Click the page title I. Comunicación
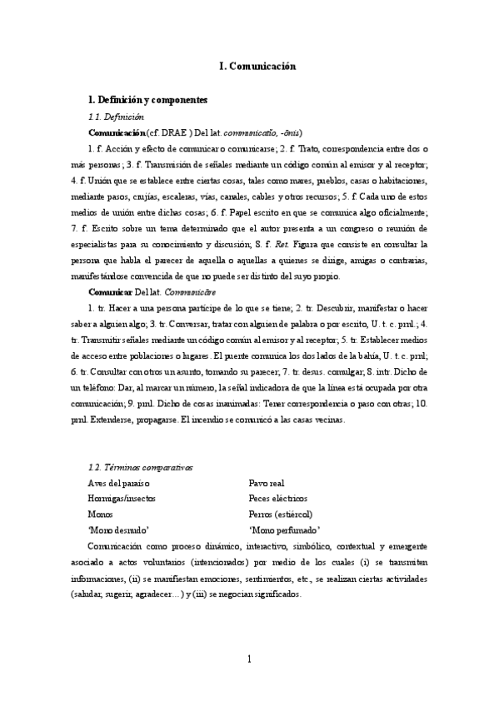click(250, 66)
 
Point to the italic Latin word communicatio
click(253, 132)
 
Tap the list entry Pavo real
click(268, 483)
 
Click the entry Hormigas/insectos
click(122, 498)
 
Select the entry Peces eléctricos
click(277, 498)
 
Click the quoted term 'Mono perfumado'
click(285, 529)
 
